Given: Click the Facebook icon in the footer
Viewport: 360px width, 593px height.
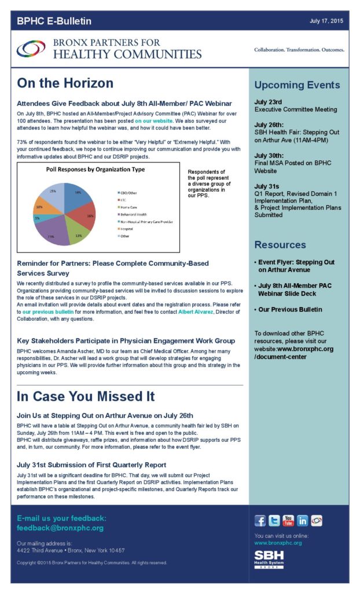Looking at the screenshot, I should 260,520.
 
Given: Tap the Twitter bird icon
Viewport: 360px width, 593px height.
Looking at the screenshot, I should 274,520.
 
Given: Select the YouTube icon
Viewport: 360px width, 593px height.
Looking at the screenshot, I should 288,520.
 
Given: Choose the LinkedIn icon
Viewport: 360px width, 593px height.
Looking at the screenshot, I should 302,520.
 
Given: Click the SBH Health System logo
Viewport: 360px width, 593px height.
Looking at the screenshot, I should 269,559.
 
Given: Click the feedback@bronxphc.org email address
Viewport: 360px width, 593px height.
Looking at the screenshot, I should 60,528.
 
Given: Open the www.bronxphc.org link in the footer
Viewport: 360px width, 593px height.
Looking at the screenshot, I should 278,543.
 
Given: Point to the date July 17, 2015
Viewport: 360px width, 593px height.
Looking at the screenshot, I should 326,21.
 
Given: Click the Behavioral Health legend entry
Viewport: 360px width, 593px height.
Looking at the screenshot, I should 134,214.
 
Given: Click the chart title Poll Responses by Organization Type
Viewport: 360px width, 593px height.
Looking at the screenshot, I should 95,170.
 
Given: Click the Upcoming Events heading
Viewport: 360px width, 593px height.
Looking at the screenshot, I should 297,85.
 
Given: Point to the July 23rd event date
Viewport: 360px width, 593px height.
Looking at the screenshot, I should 269,102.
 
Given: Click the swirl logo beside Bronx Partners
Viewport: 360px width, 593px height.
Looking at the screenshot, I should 31,49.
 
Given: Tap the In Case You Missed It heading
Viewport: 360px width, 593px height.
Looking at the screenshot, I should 86,397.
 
